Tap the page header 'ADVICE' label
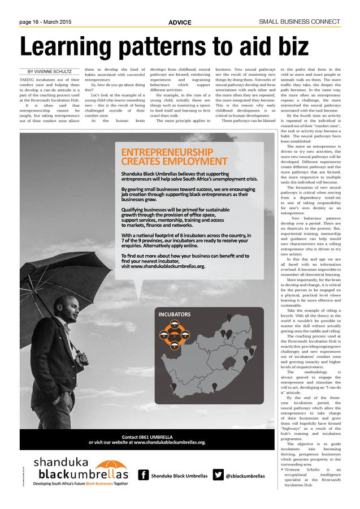[x=180, y=23]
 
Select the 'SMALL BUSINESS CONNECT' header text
[x=300, y=22]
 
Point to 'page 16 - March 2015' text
[x=45, y=22]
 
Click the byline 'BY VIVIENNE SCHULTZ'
[x=50, y=72]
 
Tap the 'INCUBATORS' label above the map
[x=175, y=314]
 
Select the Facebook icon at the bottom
[x=144, y=476]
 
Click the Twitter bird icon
[x=218, y=476]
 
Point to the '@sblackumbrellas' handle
[x=246, y=476]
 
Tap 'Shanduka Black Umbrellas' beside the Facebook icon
[x=179, y=476]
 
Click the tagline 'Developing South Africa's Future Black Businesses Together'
[x=80, y=484]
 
